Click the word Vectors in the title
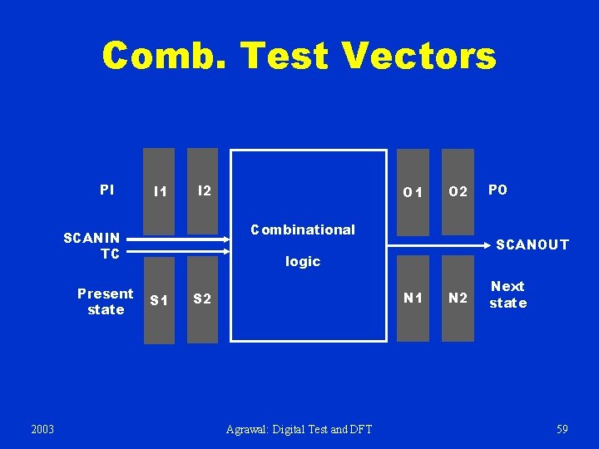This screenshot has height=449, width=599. [x=418, y=56]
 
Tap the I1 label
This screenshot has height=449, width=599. [x=160, y=192]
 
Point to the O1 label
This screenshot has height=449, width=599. [x=413, y=193]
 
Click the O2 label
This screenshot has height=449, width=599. [x=458, y=193]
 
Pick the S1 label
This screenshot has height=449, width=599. [x=159, y=299]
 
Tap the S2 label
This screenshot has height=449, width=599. [x=203, y=299]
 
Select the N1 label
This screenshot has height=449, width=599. [x=413, y=298]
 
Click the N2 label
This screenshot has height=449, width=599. [x=458, y=299]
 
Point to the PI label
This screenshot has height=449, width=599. [x=107, y=190]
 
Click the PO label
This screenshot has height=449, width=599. [x=498, y=190]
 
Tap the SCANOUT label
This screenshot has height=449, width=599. [x=532, y=244]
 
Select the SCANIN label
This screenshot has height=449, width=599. [x=92, y=238]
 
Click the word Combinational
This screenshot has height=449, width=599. [x=303, y=229]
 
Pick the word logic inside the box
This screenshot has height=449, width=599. [x=303, y=261]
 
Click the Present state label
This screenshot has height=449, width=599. [x=106, y=301]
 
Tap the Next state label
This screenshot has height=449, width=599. [x=507, y=294]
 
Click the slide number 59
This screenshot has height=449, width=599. [x=562, y=429]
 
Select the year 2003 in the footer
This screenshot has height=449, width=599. [x=42, y=429]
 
